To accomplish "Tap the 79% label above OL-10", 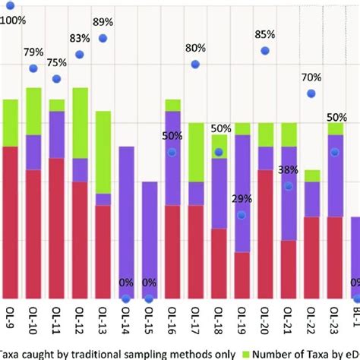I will (33, 52).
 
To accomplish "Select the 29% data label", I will (242, 199).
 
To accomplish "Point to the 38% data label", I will (288, 170).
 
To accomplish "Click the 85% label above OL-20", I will (265, 34).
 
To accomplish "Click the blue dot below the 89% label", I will (103, 38).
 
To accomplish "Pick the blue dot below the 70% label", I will (311, 93).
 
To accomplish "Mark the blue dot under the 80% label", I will (195, 65).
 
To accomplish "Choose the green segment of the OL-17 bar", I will (195, 152).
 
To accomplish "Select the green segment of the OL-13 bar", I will (103, 152).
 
